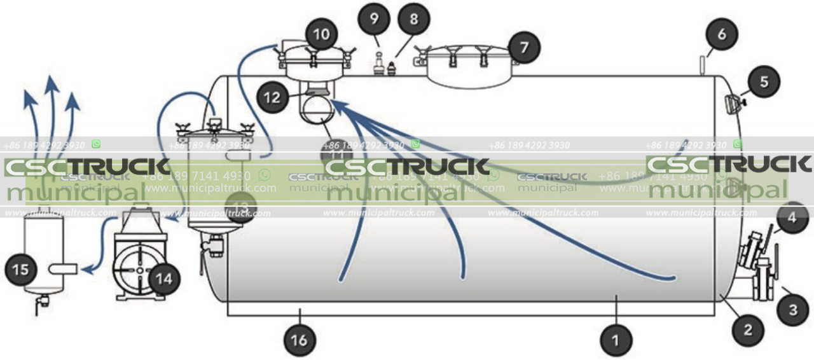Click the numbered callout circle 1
coord(615,340)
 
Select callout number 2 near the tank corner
coord(747,329)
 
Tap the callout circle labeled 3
coord(793,310)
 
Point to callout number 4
coord(791,218)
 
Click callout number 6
coord(721,34)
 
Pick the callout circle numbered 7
coord(523,47)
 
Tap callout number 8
coord(414,19)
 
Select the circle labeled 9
coord(375,19)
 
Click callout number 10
coord(322,34)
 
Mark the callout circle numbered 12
coord(273,97)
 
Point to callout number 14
coord(164,278)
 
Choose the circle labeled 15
coord(21,270)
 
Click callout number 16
coord(299,340)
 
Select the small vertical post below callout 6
coord(701,66)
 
